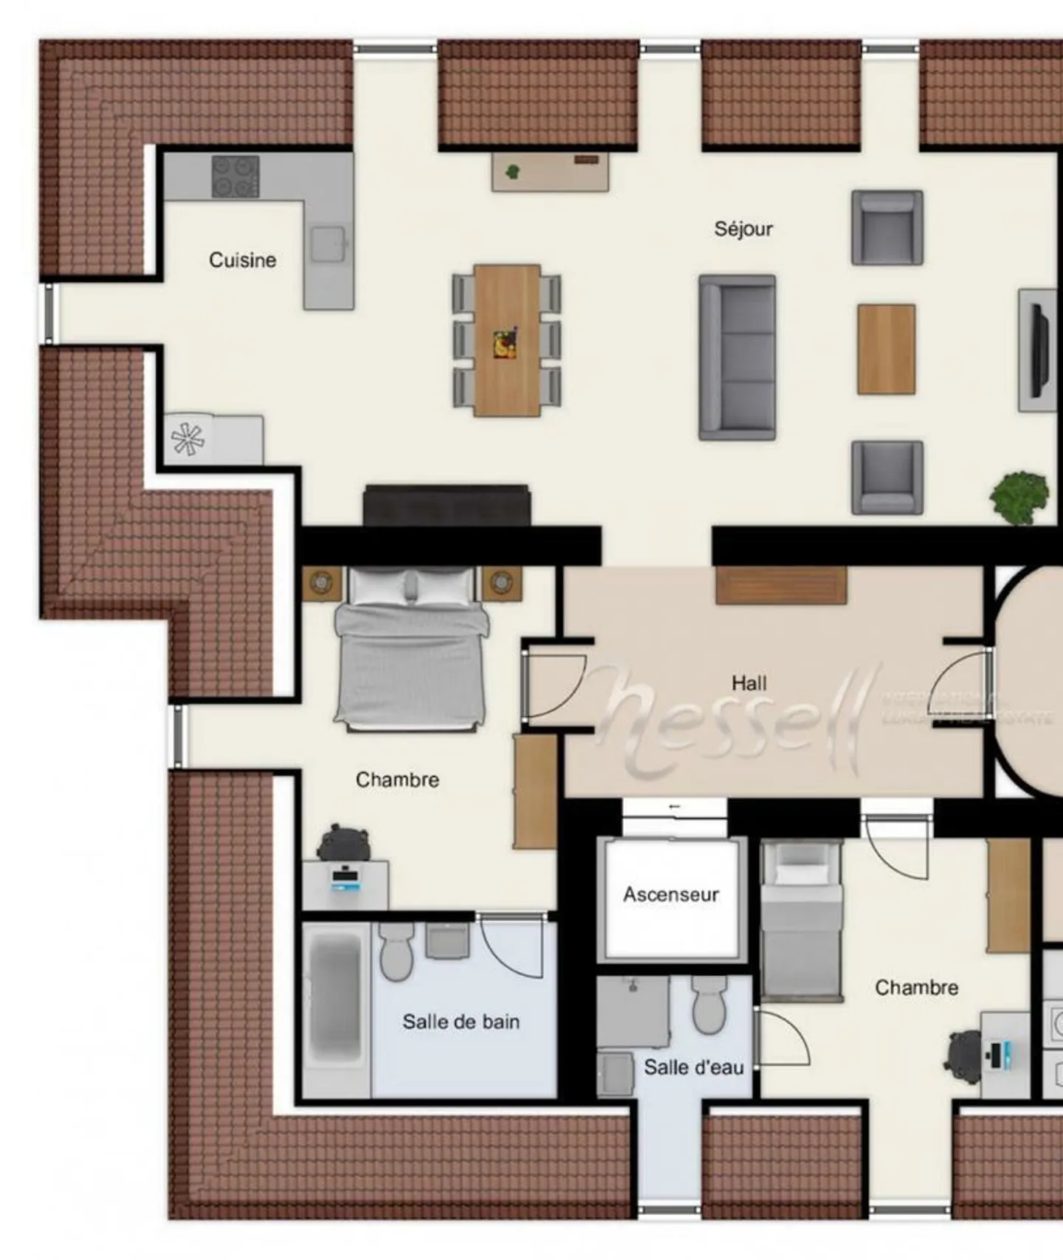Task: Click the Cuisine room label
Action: point(242,260)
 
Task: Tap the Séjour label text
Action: point(743,229)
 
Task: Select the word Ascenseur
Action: point(670,895)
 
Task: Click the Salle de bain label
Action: point(461,1022)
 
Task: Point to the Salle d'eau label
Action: point(693,1067)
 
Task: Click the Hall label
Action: point(749,683)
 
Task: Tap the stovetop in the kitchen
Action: point(235,176)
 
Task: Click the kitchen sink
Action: point(328,244)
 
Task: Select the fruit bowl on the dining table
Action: point(506,344)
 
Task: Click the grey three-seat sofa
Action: point(737,358)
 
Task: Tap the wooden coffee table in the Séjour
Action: point(886,349)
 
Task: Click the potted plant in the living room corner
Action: point(1019,496)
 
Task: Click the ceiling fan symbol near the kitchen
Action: point(188,440)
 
